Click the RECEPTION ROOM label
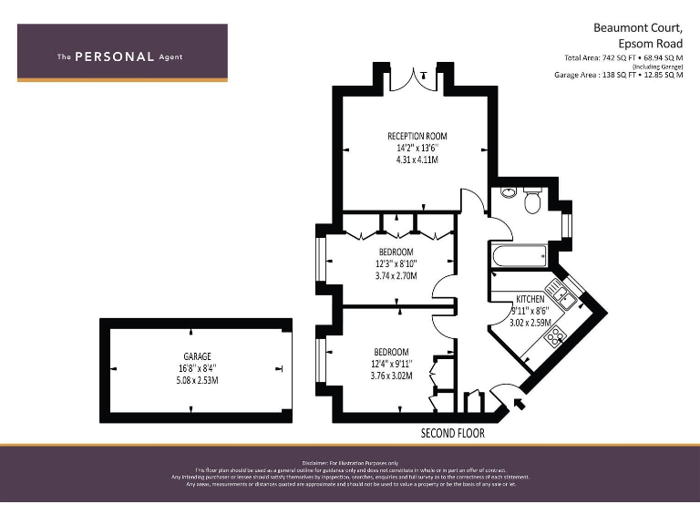pyautogui.click(x=417, y=136)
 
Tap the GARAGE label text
pyautogui.click(x=197, y=356)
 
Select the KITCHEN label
pyautogui.click(x=530, y=299)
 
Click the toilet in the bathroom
pyautogui.click(x=532, y=200)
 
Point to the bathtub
pyautogui.click(x=518, y=256)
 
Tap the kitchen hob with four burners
pyautogui.click(x=553, y=338)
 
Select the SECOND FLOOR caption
pyautogui.click(x=452, y=433)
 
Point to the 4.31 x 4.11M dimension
pyautogui.click(x=417, y=160)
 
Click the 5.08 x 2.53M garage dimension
pyautogui.click(x=197, y=380)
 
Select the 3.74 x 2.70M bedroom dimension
pyautogui.click(x=396, y=275)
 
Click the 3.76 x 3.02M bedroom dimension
pyautogui.click(x=391, y=376)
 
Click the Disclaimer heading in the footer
pyautogui.click(x=350, y=462)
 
